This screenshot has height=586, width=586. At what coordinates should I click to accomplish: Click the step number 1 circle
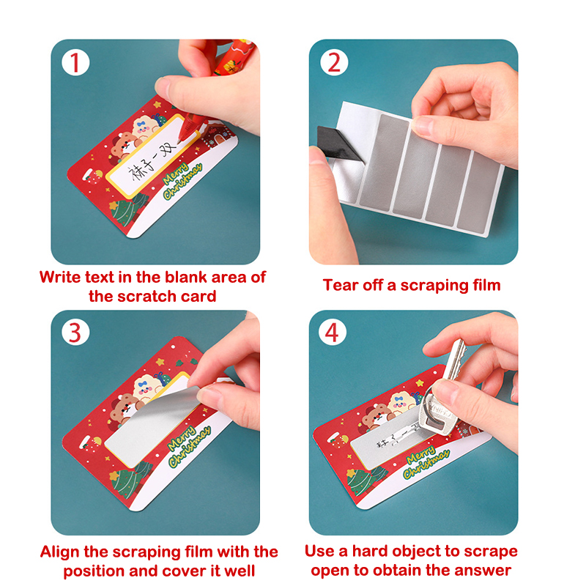(75, 62)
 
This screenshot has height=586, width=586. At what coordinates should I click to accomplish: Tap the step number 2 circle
(334, 62)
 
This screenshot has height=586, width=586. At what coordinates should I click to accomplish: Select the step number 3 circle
(75, 332)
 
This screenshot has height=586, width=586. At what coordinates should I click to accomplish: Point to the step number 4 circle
(333, 332)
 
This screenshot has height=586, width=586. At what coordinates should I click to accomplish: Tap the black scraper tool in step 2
(338, 143)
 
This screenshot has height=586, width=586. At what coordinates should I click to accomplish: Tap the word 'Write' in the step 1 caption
(61, 278)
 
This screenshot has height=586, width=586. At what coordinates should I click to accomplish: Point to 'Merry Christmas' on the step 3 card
(189, 446)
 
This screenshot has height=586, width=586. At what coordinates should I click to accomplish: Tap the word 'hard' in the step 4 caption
(370, 552)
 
